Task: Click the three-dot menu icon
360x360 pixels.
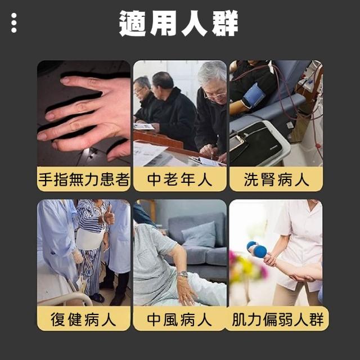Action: pyautogui.click(x=13, y=22)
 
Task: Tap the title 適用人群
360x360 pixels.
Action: pyautogui.click(x=179, y=23)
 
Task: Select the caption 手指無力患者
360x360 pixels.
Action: pyautogui.click(x=84, y=179)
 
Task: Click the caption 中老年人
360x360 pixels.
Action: pyautogui.click(x=179, y=179)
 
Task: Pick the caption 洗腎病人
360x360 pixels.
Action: pyautogui.click(x=276, y=179)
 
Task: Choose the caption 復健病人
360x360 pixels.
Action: pyautogui.click(x=83, y=319)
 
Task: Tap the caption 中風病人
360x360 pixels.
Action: pyautogui.click(x=179, y=319)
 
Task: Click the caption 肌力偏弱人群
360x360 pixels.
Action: pyautogui.click(x=277, y=319)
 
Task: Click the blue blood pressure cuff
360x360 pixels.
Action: pyautogui.click(x=254, y=94)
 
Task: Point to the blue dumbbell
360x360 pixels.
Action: pyautogui.click(x=256, y=249)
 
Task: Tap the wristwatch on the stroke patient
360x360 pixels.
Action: pyautogui.click(x=183, y=274)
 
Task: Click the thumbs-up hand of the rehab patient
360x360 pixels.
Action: pyautogui.click(x=109, y=215)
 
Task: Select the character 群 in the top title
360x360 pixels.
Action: pyautogui.click(x=225, y=23)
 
